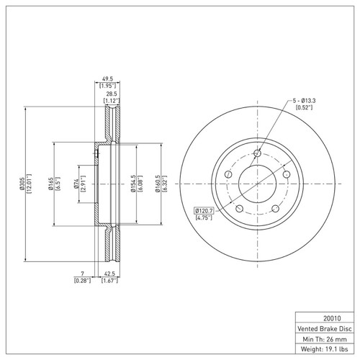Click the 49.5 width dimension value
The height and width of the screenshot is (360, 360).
(x=107, y=78)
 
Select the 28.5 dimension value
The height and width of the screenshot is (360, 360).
(x=112, y=94)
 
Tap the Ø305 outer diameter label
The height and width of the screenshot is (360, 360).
(x=22, y=184)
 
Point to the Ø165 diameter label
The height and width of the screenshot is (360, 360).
(x=50, y=184)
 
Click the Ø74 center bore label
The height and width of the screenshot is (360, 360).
(x=76, y=184)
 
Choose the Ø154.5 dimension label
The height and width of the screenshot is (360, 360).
(x=133, y=184)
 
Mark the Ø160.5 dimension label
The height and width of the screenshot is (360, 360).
(x=158, y=184)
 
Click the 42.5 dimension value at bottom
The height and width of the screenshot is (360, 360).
(x=109, y=274)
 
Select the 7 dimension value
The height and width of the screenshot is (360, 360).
(x=83, y=274)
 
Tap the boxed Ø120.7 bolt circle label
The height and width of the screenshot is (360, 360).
(x=204, y=211)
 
